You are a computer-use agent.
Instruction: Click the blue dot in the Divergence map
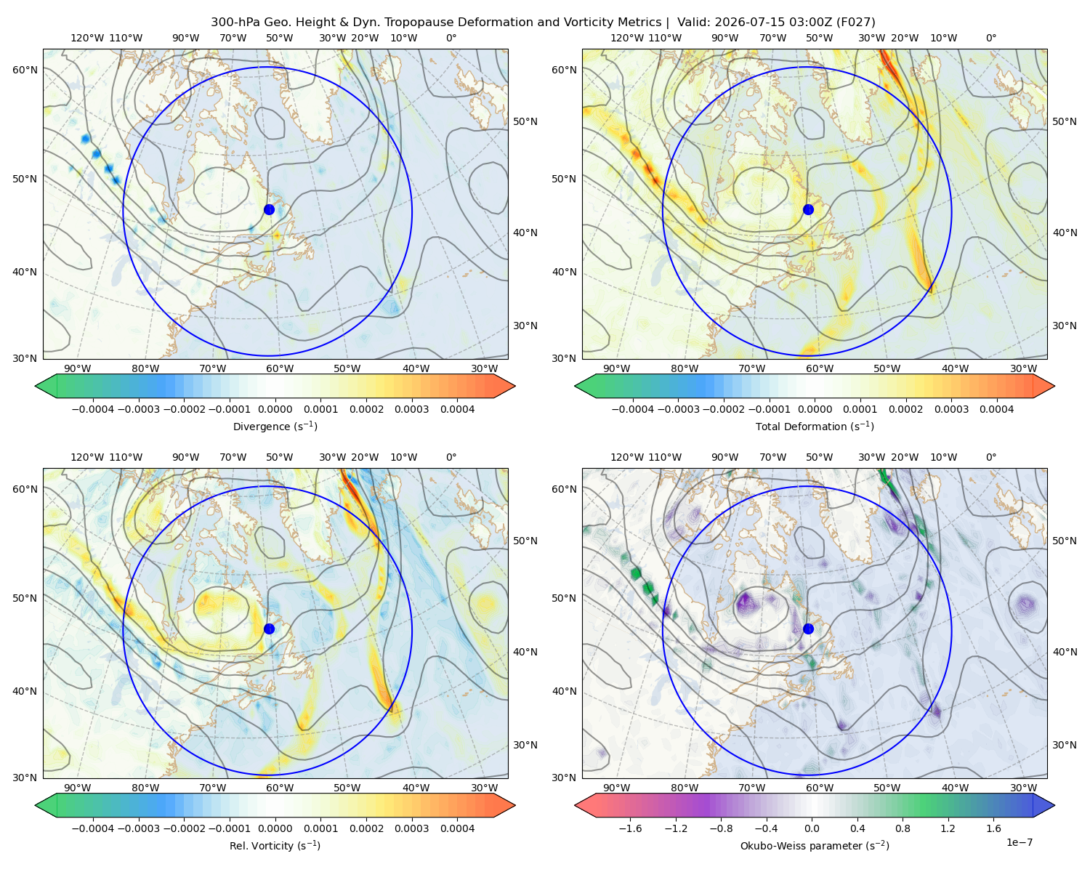[269, 209]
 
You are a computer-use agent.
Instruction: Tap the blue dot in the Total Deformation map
[808, 209]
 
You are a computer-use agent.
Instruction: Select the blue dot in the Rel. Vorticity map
[269, 629]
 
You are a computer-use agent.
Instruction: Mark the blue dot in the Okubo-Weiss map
[808, 629]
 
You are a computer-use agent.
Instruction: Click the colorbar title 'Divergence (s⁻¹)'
[275, 426]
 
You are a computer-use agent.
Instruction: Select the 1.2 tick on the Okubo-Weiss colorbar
[948, 828]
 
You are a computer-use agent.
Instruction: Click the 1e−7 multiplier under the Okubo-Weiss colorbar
[1019, 842]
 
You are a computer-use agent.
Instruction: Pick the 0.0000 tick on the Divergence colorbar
[275, 409]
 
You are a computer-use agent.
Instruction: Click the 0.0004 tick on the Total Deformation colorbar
[997, 409]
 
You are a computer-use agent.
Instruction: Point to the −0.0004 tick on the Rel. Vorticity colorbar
[93, 828]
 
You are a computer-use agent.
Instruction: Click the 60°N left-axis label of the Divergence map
[25, 70]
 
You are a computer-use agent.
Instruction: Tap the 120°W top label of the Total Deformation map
[626, 38]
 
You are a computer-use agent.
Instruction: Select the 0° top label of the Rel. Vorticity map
[451, 456]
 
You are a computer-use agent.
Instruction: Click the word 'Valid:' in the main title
[693, 22]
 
